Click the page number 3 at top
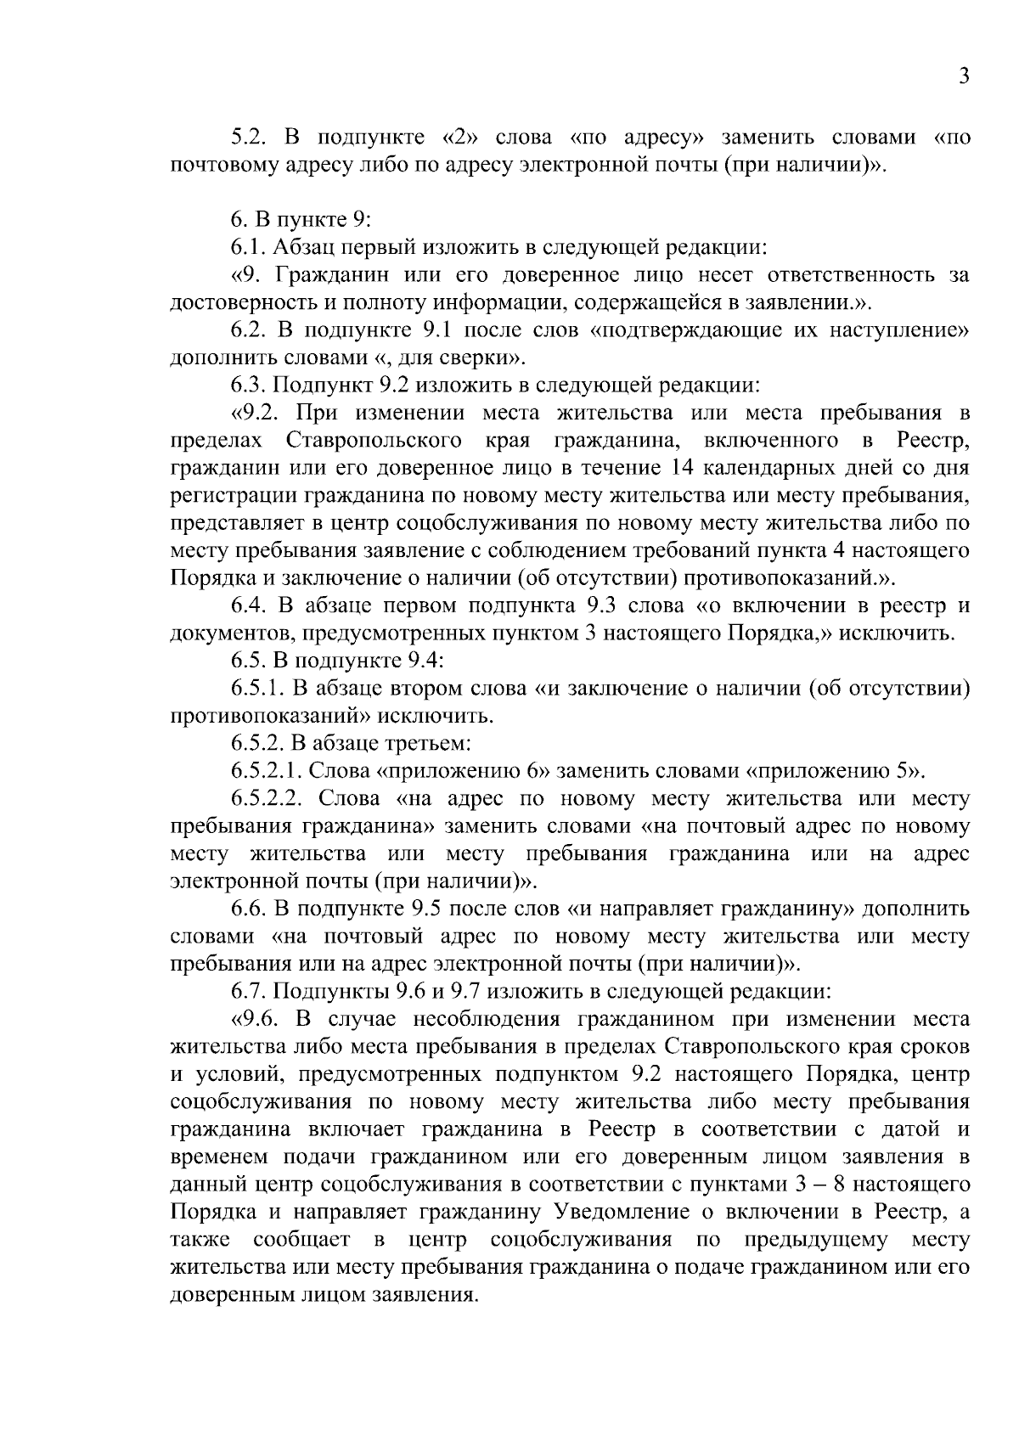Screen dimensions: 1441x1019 coord(963,76)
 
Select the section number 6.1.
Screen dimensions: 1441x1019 coord(250,248)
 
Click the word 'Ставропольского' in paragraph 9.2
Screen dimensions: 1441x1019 coord(374,441)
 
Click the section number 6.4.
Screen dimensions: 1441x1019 coord(250,606)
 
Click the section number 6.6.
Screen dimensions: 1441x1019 coord(250,909)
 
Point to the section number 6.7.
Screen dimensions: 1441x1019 coord(250,991)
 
